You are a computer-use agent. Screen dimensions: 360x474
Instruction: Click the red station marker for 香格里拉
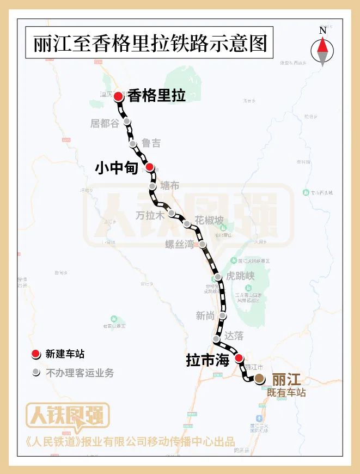tap(118, 96)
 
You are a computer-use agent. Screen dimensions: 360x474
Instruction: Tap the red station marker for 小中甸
tap(149, 168)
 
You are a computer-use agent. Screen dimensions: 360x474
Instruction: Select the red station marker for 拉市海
tap(239, 358)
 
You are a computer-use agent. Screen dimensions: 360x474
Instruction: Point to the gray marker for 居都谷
tap(127, 121)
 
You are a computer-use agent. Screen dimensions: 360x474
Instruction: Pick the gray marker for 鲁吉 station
tap(133, 144)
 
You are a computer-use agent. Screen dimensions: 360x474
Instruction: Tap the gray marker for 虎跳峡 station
tap(218, 277)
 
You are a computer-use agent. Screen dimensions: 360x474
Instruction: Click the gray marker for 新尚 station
tap(223, 316)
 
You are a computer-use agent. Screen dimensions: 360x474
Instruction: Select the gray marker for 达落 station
tap(217, 339)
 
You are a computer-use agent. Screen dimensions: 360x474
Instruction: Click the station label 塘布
tap(169, 185)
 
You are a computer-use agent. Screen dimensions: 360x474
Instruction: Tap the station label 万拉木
tap(150, 215)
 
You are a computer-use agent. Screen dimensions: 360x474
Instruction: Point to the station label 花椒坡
tap(210, 221)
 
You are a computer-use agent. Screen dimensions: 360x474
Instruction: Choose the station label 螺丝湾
tap(179, 244)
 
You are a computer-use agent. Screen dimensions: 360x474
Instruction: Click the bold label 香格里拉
tap(157, 96)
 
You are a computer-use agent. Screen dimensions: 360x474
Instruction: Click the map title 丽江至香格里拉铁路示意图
tap(149, 44)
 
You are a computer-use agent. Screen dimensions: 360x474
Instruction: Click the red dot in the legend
tap(36, 354)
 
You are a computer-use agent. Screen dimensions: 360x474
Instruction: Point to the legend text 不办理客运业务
tap(80, 373)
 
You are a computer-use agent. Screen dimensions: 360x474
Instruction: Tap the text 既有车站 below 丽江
tap(286, 392)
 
